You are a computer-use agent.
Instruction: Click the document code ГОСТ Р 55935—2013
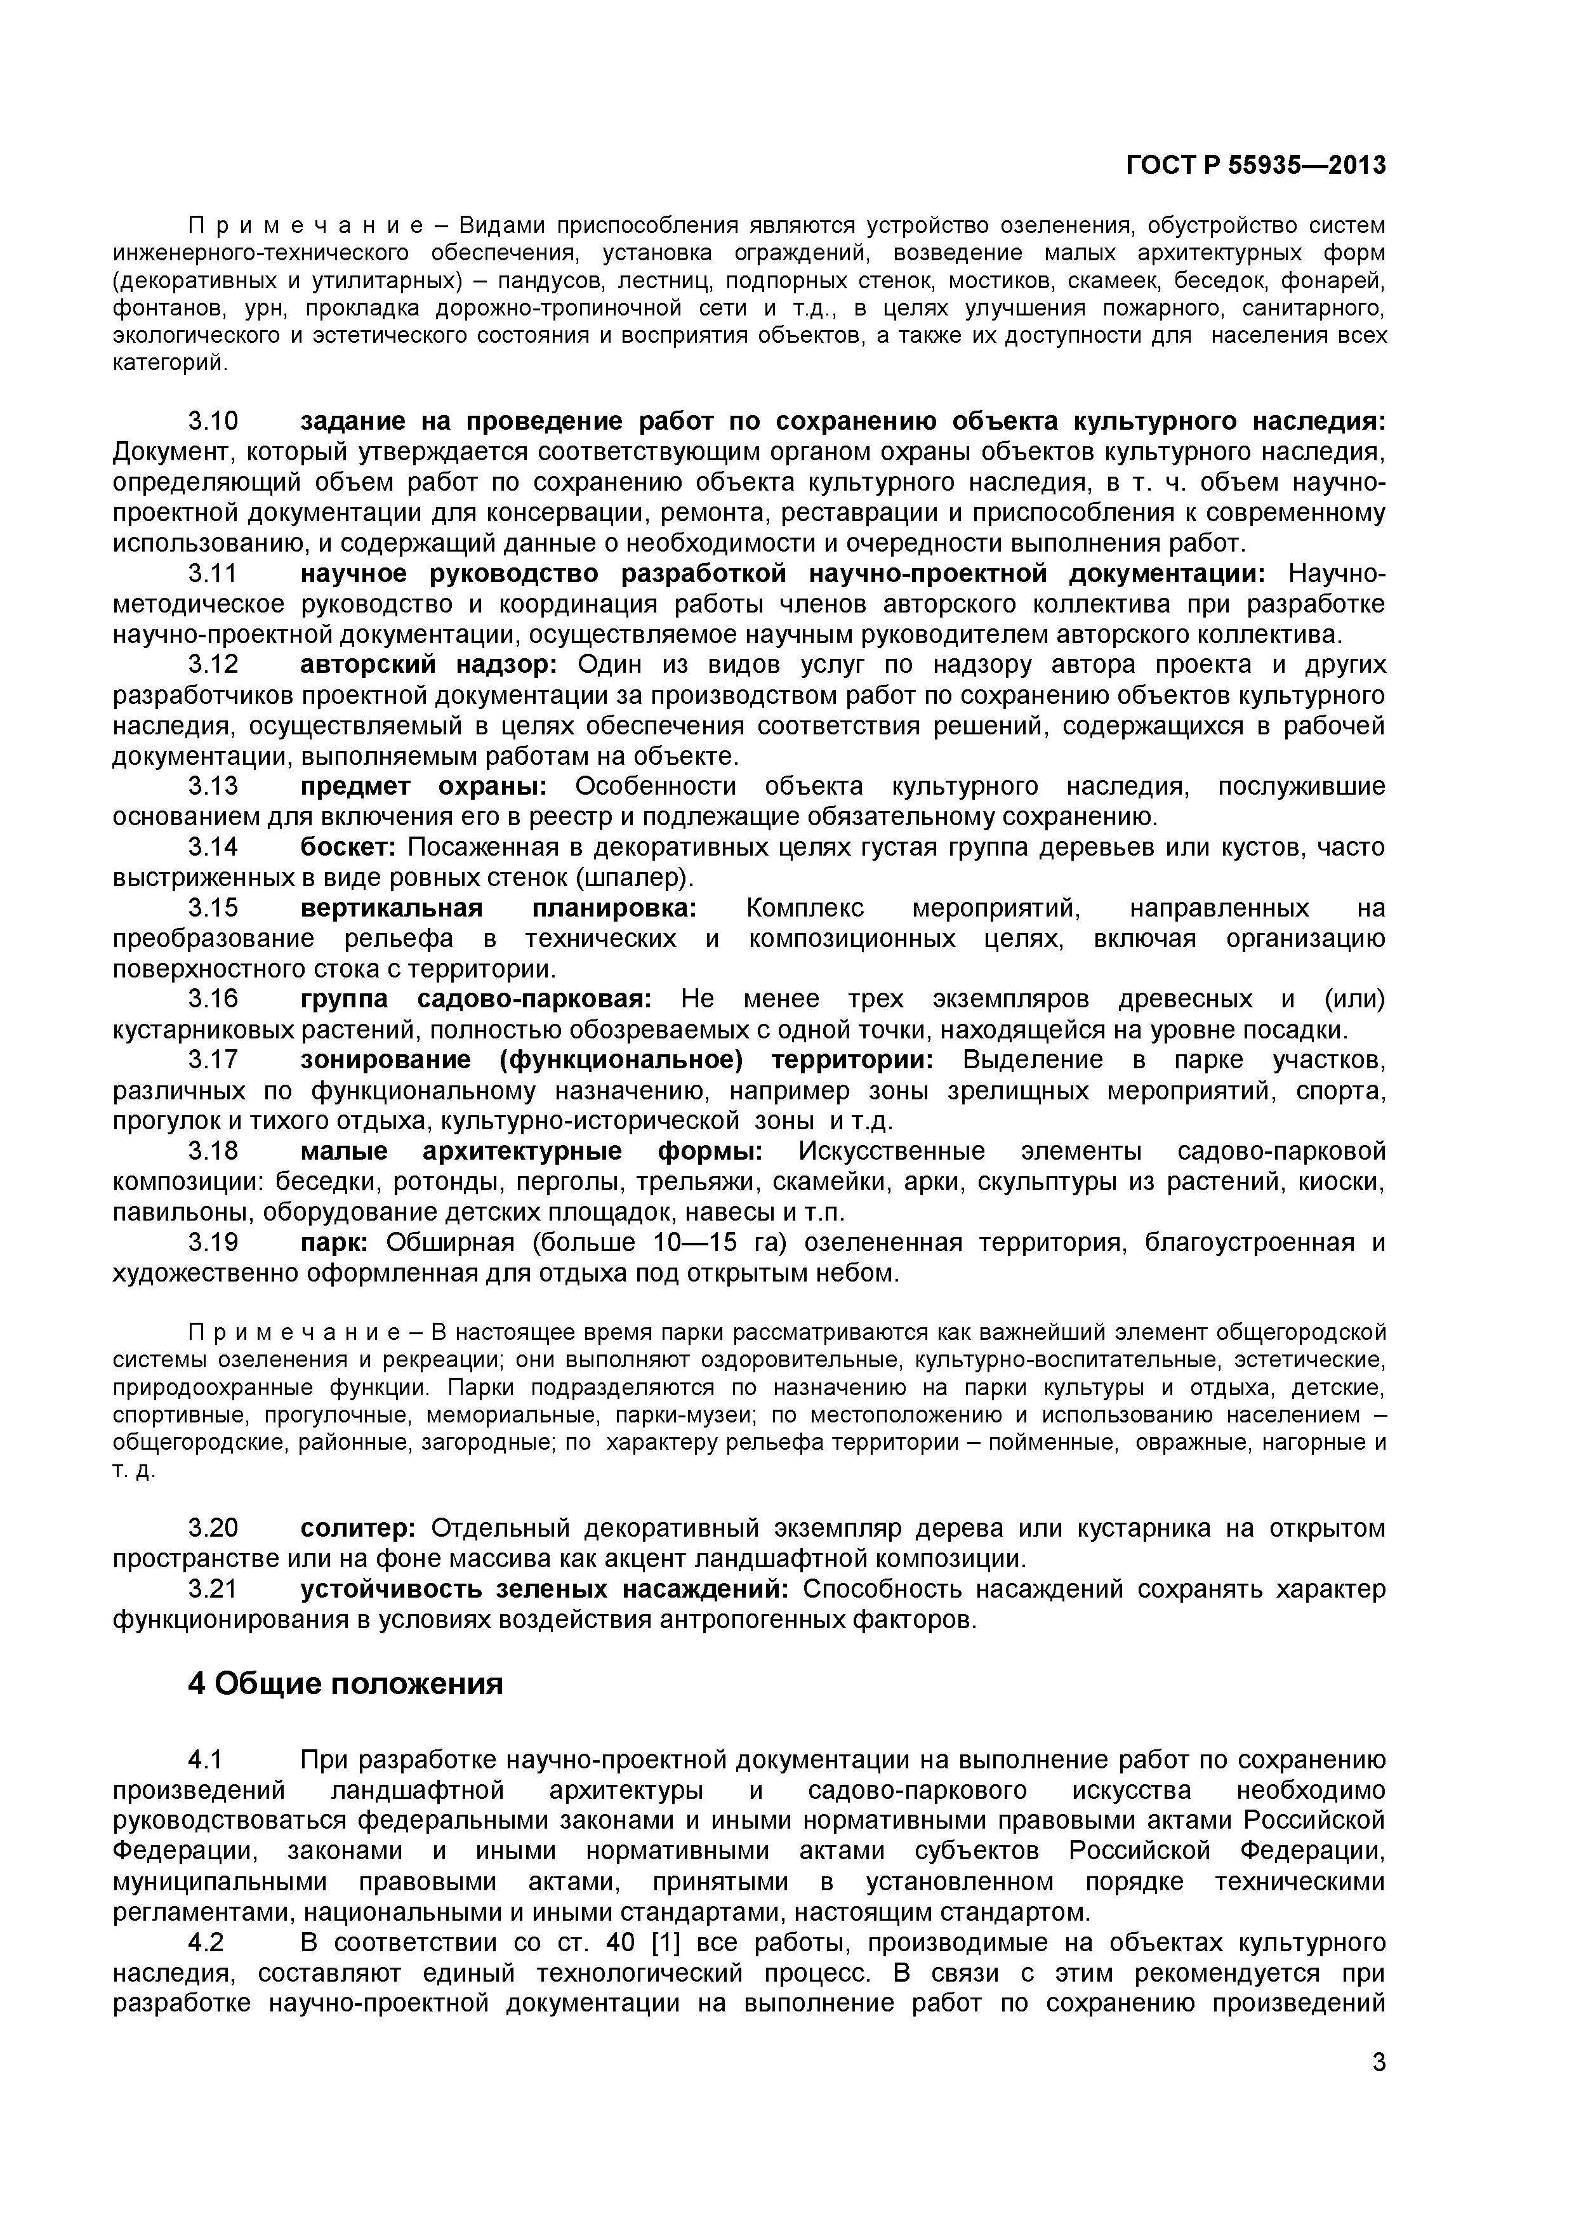click(x=1255, y=166)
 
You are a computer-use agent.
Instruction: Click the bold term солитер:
click(x=357, y=1528)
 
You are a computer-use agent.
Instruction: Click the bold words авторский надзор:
click(x=428, y=665)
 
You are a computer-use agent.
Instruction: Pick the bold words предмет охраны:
click(x=423, y=786)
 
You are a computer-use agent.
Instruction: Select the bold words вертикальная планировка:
click(x=498, y=908)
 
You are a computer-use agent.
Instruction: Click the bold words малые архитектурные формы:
click(x=531, y=1152)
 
